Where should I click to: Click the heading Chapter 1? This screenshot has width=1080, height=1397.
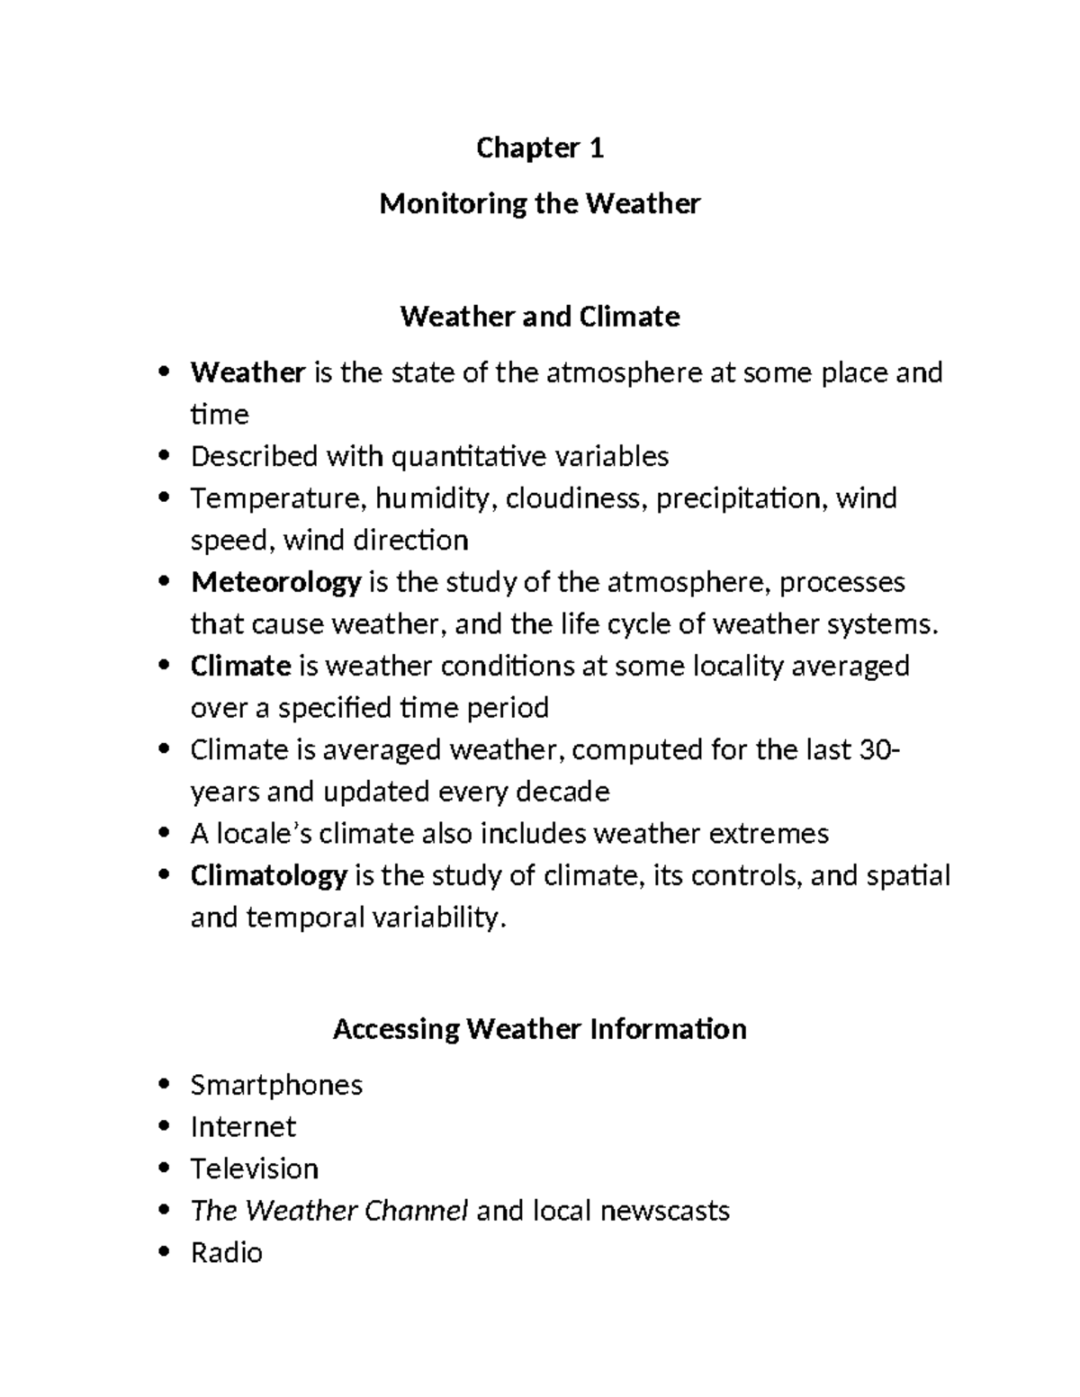(x=539, y=148)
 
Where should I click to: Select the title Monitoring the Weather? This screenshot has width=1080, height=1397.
(x=539, y=204)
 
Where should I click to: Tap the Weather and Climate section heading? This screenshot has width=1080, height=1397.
(x=539, y=317)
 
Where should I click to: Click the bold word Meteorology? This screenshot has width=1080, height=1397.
(x=275, y=583)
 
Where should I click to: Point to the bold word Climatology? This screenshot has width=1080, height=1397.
(x=268, y=875)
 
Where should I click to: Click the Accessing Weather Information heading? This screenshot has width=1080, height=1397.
(x=539, y=1028)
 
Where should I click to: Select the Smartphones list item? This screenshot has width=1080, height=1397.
(x=276, y=1085)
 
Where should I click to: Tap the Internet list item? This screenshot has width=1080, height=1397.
(x=243, y=1127)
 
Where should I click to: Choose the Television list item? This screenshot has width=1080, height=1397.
(x=254, y=1169)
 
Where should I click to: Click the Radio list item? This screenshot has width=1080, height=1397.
(x=226, y=1252)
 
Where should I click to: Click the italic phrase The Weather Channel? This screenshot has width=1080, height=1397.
(x=328, y=1211)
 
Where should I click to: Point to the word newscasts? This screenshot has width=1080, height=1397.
(x=664, y=1211)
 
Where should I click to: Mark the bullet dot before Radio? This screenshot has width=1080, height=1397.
(x=163, y=1252)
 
